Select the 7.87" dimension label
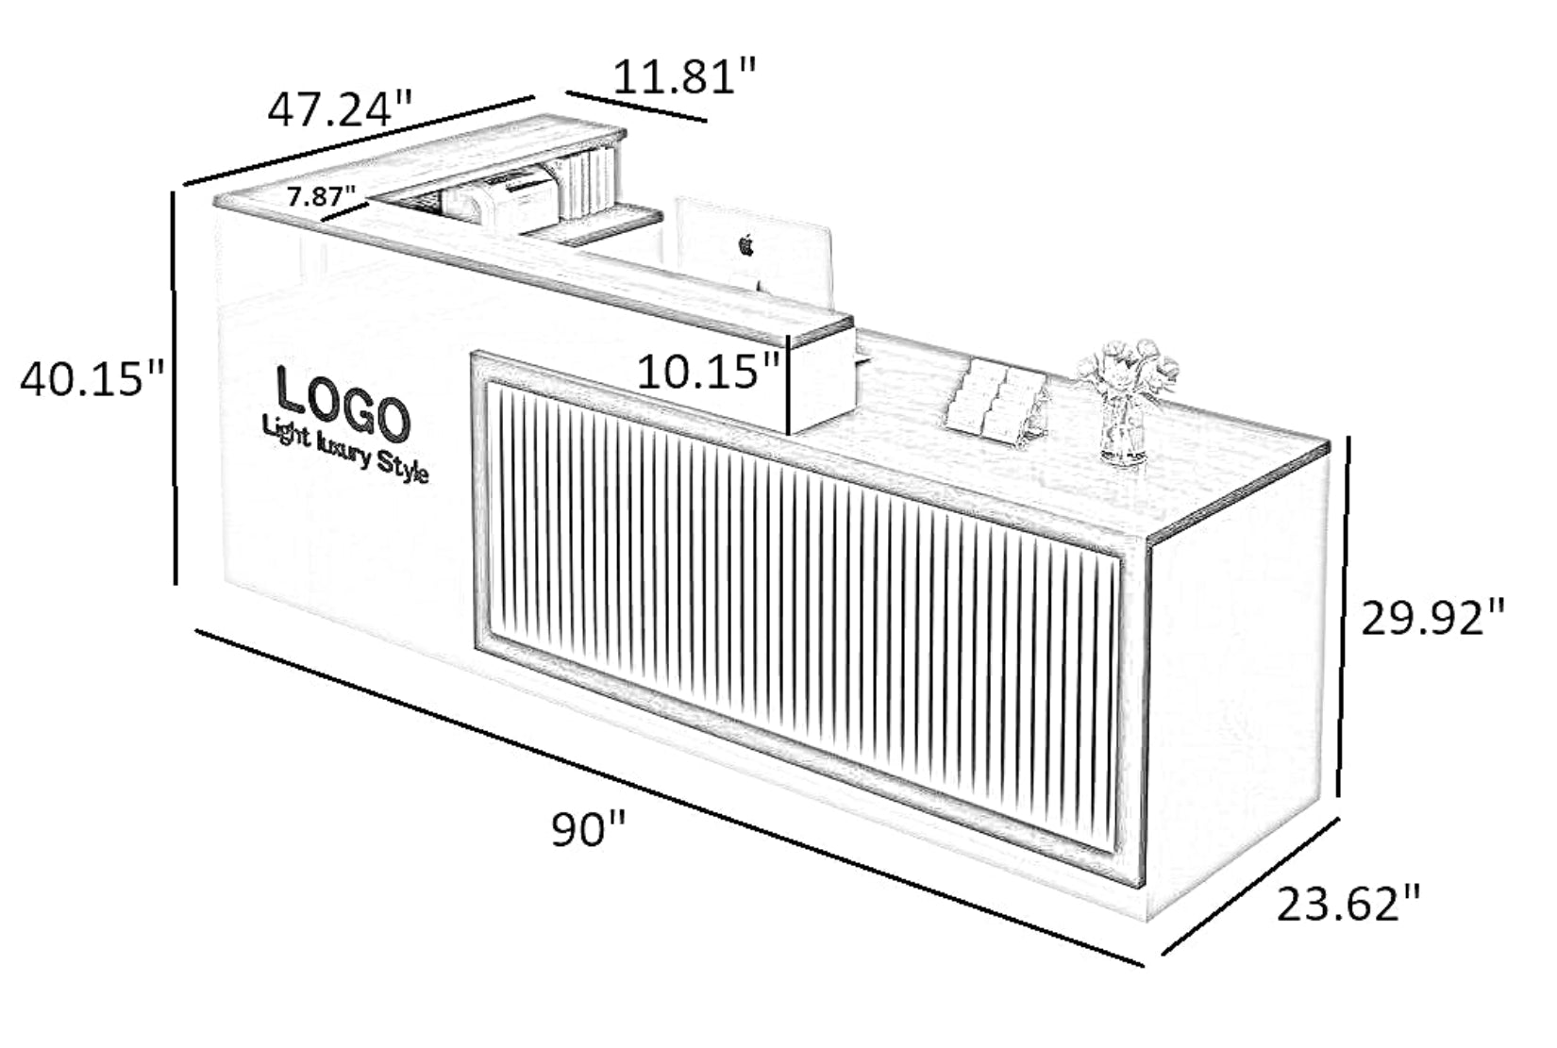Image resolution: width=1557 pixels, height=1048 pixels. pyautogui.click(x=321, y=196)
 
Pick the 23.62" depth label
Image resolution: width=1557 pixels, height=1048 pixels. pyautogui.click(x=1348, y=904)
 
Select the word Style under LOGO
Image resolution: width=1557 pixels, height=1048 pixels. pyautogui.click(x=402, y=466)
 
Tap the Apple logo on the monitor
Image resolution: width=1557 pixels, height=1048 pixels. pyautogui.click(x=745, y=244)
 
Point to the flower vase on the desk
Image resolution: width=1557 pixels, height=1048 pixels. pyautogui.click(x=1126, y=402)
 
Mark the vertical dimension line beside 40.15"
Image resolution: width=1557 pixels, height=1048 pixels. pyautogui.click(x=174, y=389)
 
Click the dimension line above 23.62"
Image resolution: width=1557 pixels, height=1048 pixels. pyautogui.click(x=1250, y=886)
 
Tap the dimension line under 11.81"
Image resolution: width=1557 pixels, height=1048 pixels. pyautogui.click(x=636, y=107)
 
